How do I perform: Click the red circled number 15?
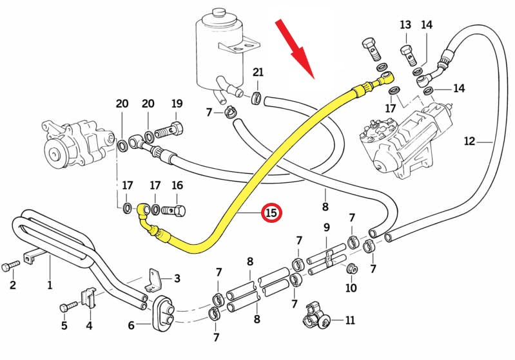(x=271, y=213)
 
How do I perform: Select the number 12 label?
(x=469, y=141)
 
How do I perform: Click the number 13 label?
(x=405, y=25)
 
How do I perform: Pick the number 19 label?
(x=177, y=103)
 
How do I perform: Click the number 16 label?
(x=177, y=185)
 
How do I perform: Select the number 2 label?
(x=12, y=285)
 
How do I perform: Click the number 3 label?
(x=177, y=279)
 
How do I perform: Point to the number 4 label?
(x=89, y=325)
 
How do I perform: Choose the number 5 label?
(x=64, y=325)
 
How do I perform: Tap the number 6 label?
(x=131, y=325)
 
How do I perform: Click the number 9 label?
(x=326, y=227)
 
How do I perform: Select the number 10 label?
(x=351, y=288)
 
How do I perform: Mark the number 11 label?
(x=350, y=319)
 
